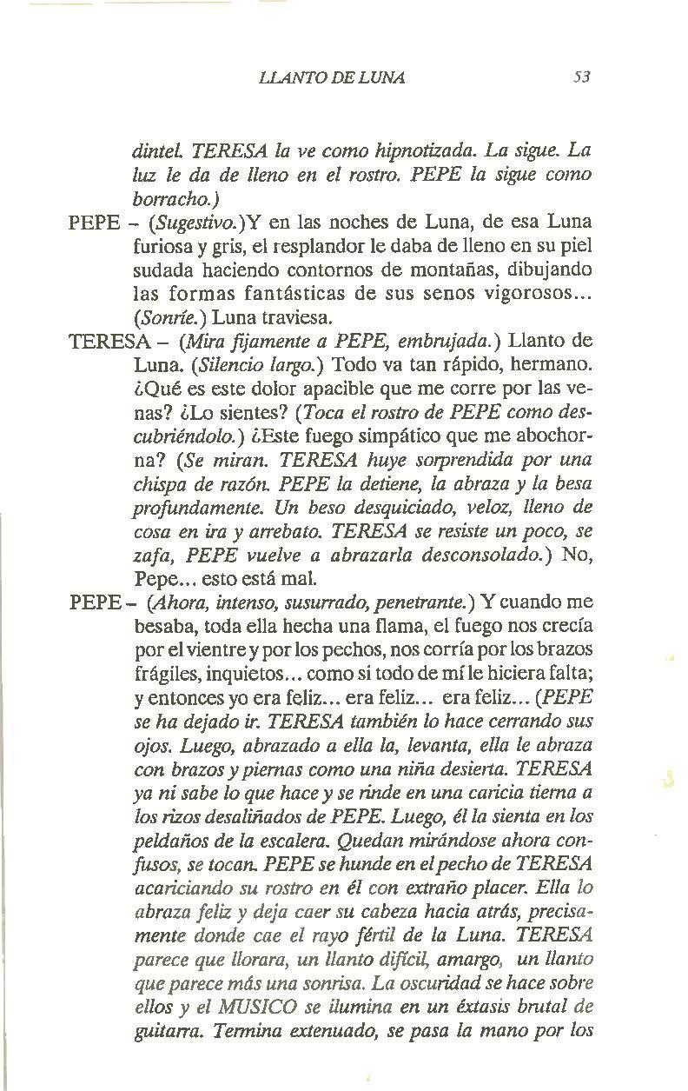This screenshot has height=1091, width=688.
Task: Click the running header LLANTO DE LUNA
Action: point(332,77)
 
